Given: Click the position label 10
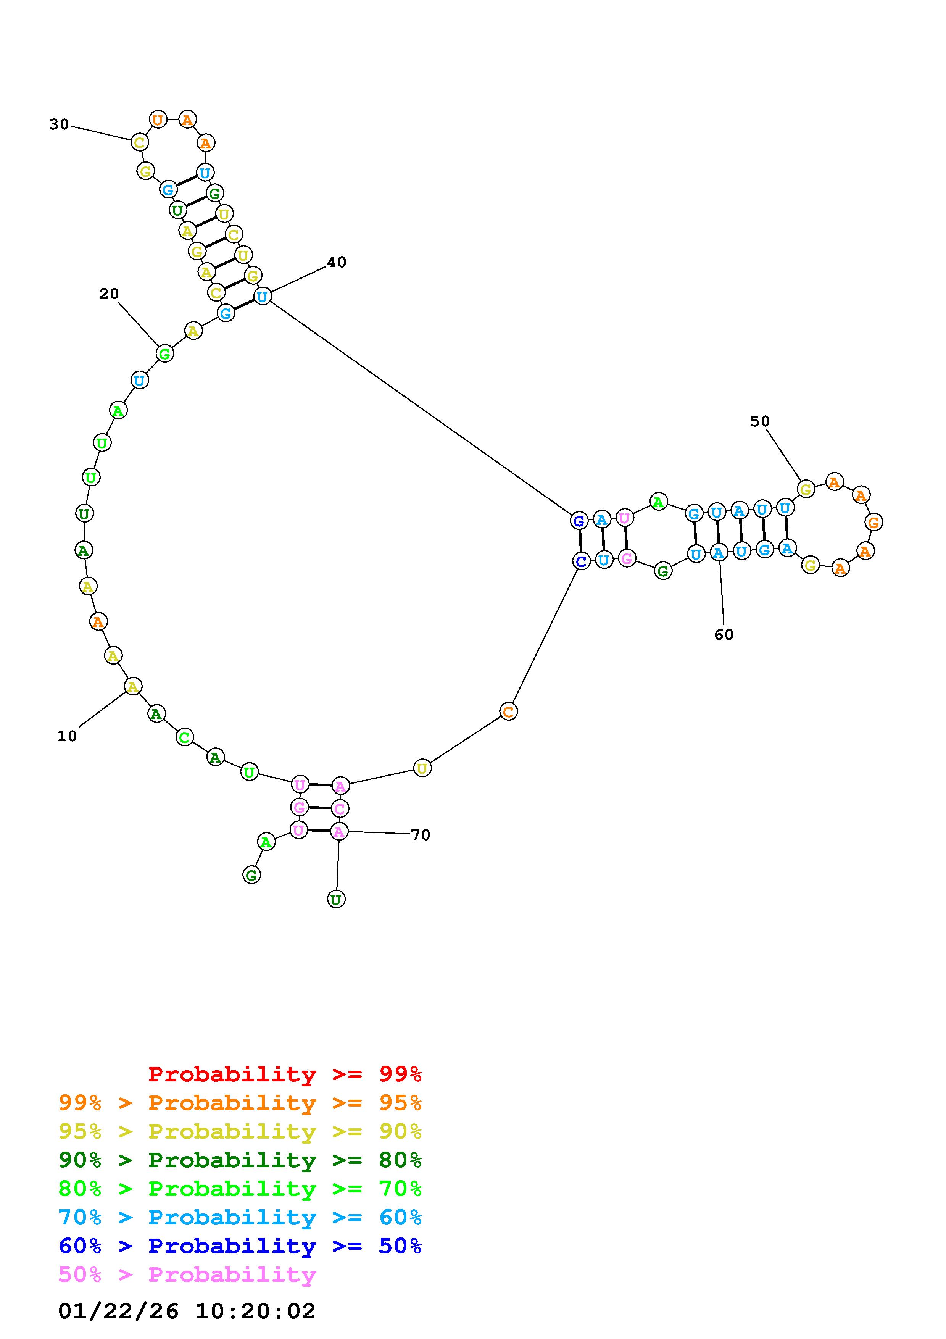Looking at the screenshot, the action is pyautogui.click(x=67, y=737).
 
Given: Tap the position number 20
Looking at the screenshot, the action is pyautogui.click(x=109, y=294).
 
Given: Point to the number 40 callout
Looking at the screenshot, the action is pyautogui.click(x=336, y=263).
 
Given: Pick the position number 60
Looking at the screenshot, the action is pyautogui.click(x=724, y=634).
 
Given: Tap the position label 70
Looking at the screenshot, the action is pyautogui.click(x=420, y=835).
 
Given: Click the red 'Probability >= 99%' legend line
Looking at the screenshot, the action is pyautogui.click(x=285, y=1074).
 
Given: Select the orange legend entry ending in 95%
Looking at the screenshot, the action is pyautogui.click(x=240, y=1103).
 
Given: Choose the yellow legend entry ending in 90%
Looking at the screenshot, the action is pyautogui.click(x=240, y=1131).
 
